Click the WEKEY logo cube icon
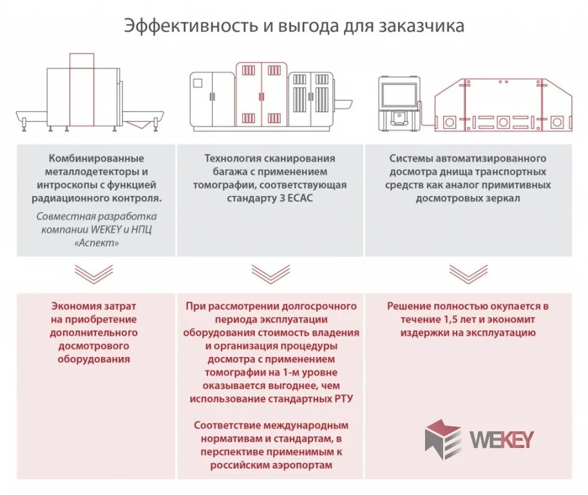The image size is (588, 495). [x=443, y=439]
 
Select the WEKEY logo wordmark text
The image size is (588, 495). [x=502, y=439]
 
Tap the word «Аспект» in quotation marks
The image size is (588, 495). [x=97, y=244]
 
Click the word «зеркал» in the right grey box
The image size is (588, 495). [x=506, y=199]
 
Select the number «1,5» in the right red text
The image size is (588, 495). [x=451, y=319]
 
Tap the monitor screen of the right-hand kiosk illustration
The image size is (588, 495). [x=400, y=95]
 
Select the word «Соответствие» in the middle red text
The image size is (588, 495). [x=225, y=425]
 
